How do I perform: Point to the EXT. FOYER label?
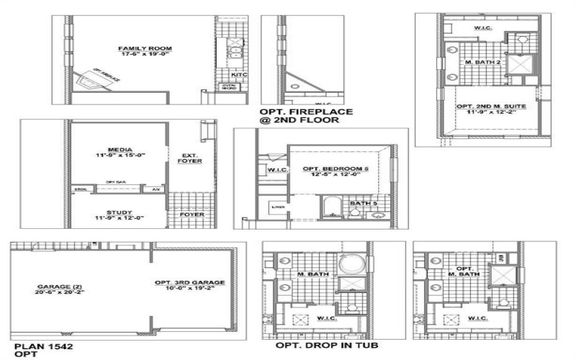point(190,158)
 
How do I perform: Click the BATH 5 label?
point(364,204)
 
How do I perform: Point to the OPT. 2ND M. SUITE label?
point(492,107)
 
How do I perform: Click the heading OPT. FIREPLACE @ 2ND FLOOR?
point(306,116)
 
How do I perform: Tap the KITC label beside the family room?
point(238,74)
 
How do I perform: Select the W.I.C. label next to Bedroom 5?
point(277,171)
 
